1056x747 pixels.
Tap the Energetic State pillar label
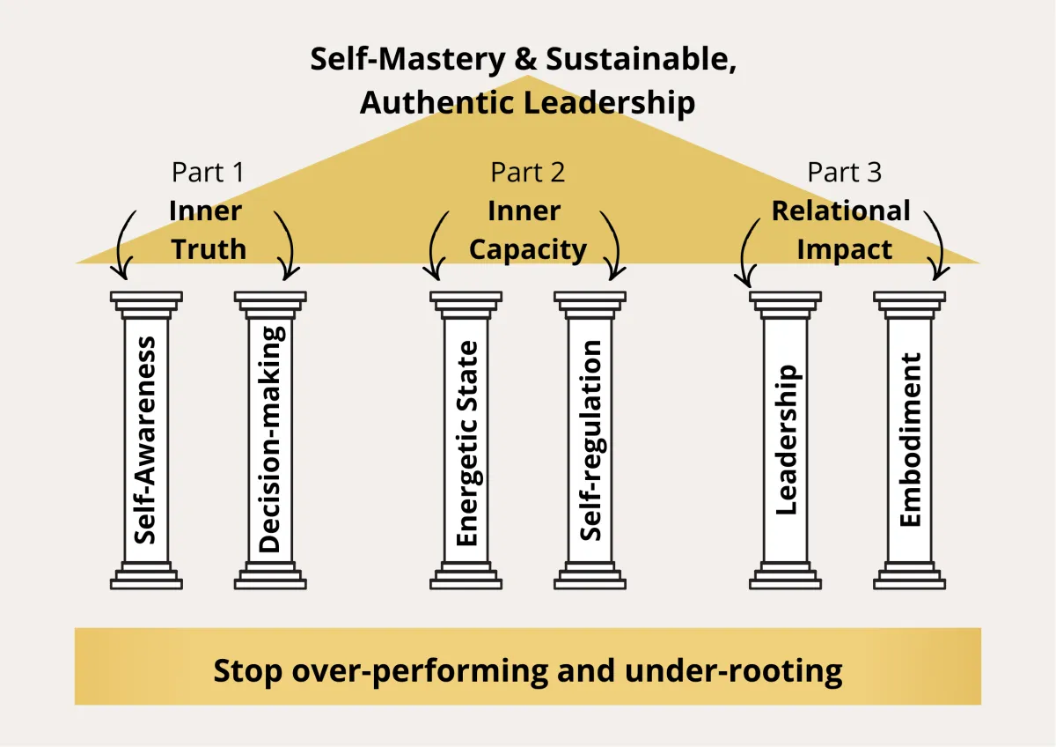point(466,443)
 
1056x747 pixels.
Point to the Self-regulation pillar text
point(590,440)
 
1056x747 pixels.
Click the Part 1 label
point(209,173)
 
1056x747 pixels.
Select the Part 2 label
point(528,173)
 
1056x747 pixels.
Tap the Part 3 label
point(845,173)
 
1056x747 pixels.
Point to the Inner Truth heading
point(209,230)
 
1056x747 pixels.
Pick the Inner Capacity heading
point(528,230)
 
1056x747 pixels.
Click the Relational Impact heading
point(843,230)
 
